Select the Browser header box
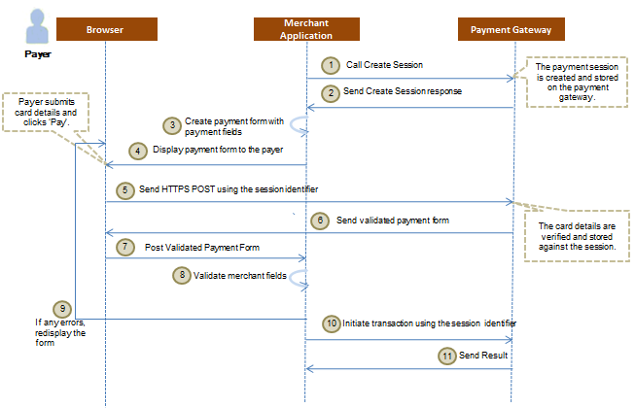tap(104, 30)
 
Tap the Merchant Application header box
tap(306, 29)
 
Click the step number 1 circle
tap(331, 64)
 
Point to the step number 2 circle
tap(331, 91)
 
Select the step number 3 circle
tap(171, 125)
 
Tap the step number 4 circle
tap(139, 151)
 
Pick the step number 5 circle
tap(123, 187)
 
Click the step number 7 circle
tap(123, 247)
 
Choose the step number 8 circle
tap(181, 275)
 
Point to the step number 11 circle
tap(445, 356)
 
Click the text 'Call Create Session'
tap(384, 64)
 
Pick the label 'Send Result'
tap(484, 356)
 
